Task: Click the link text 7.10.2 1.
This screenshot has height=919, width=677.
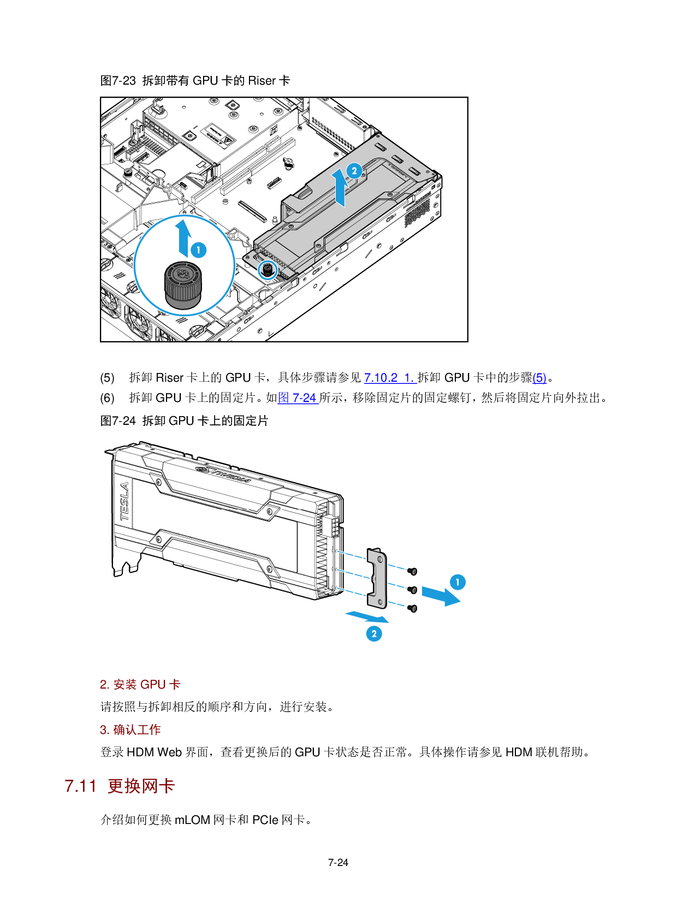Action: [x=390, y=378]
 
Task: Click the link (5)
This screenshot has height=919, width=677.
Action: [x=539, y=378]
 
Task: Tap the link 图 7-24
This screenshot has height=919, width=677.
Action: [x=298, y=398]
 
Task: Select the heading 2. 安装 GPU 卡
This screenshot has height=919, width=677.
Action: [x=140, y=685]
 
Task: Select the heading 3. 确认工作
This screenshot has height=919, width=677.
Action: [x=130, y=730]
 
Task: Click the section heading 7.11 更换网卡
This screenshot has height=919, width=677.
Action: [x=120, y=786]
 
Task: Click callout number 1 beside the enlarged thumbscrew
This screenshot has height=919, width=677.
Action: [x=199, y=250]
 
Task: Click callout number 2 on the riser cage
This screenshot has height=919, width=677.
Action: [x=354, y=171]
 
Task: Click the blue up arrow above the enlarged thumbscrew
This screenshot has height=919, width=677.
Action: [x=184, y=236]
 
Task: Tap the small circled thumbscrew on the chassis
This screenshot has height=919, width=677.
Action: [x=268, y=270]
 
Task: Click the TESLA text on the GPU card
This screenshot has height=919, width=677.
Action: [x=125, y=502]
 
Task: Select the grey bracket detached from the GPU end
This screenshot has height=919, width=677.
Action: [x=377, y=578]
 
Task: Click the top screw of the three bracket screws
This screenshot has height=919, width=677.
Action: [x=413, y=571]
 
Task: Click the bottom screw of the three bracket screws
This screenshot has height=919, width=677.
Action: [x=413, y=608]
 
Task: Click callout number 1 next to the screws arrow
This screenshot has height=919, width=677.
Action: [x=458, y=582]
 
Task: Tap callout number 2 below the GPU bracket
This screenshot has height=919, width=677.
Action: [x=374, y=634]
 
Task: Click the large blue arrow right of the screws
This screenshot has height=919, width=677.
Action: [x=441, y=596]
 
